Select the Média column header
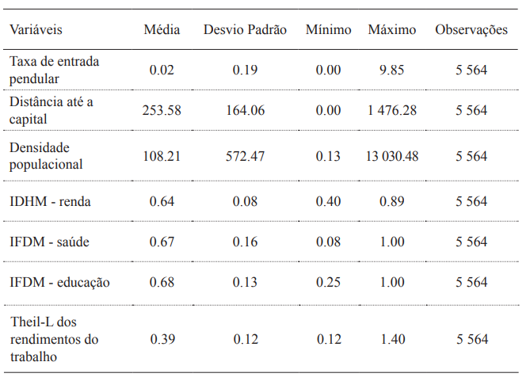162,30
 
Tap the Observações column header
471,30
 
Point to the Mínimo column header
328,30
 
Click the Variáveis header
36,30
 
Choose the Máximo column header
391,30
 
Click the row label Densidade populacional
46,156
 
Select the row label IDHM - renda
50,202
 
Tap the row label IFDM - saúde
49,242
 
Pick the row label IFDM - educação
59,282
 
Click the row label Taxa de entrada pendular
54,70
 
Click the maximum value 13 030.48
391,157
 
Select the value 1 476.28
391,110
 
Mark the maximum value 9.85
391,70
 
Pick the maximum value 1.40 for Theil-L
391,339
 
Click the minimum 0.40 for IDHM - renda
328,202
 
